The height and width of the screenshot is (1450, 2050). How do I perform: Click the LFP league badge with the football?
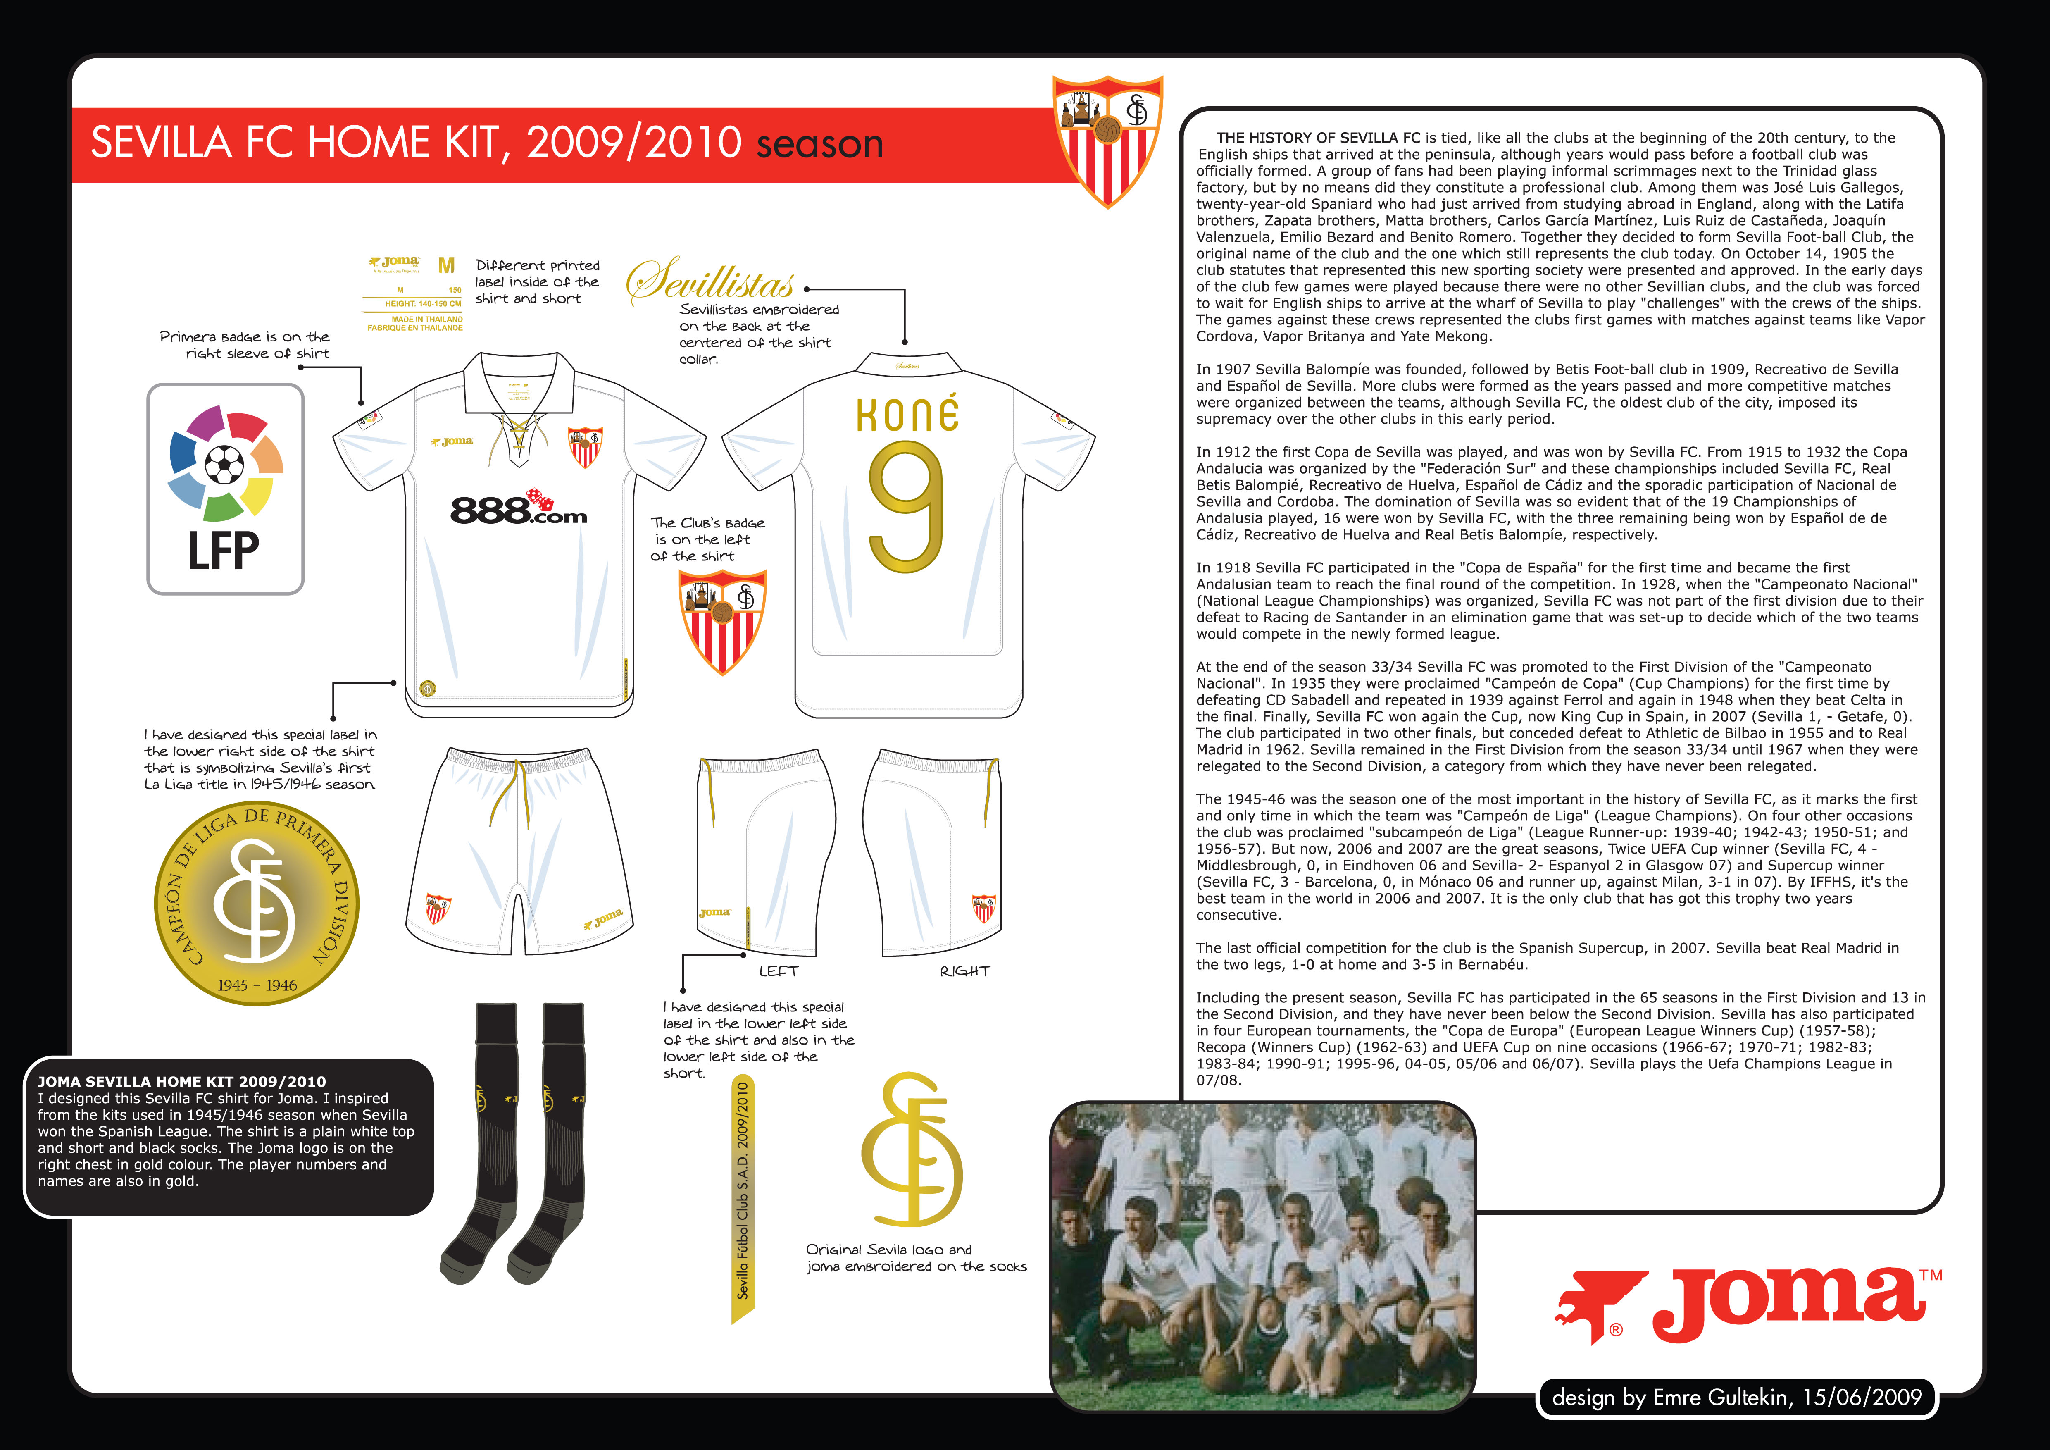[225, 489]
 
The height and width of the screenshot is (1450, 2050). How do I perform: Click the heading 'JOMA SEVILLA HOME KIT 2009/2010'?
[182, 1081]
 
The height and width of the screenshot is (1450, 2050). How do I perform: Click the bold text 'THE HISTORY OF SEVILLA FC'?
[1318, 138]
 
